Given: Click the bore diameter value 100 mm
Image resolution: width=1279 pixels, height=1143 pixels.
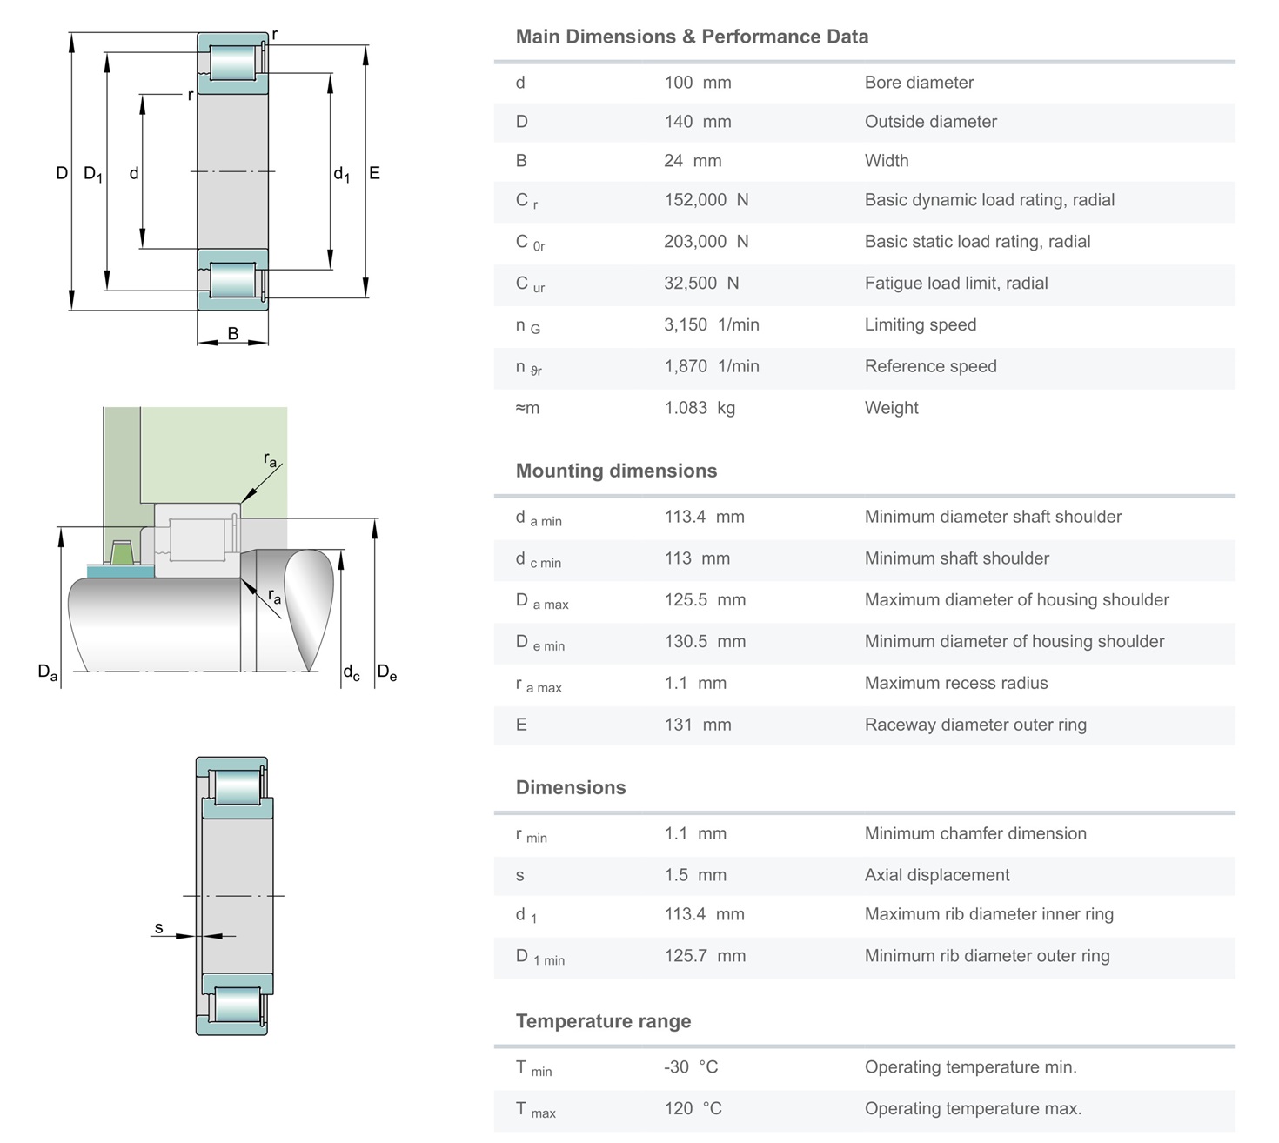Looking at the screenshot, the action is click(698, 83).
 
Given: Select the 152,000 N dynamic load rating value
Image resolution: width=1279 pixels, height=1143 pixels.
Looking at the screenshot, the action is click(706, 200).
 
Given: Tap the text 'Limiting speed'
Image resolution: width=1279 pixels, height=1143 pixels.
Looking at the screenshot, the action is click(921, 325).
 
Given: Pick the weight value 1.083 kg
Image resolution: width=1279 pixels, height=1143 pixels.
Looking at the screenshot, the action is click(700, 408).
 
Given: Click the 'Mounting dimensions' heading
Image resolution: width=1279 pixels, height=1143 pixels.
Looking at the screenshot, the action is click(616, 471).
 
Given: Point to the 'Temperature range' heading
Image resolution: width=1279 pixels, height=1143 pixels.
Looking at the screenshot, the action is click(603, 1021).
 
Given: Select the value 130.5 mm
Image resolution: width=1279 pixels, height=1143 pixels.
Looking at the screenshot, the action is click(705, 642).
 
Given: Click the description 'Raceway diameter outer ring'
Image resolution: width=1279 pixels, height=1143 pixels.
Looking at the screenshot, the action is click(975, 725).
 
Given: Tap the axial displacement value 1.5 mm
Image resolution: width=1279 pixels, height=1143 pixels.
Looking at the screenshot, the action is click(695, 875).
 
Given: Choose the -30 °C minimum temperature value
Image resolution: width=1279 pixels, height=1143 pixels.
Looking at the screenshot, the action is click(691, 1067).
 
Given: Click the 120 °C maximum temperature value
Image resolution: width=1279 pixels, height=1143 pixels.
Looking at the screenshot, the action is click(693, 1109).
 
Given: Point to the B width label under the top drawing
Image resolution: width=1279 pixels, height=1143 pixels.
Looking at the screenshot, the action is click(233, 333).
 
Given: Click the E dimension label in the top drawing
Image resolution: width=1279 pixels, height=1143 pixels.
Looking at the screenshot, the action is click(374, 173).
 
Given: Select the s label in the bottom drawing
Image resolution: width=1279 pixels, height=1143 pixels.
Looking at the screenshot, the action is click(159, 927).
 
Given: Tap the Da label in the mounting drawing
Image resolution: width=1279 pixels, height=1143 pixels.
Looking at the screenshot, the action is click(47, 672).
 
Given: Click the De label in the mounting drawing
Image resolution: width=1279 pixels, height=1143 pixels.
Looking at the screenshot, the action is click(386, 672).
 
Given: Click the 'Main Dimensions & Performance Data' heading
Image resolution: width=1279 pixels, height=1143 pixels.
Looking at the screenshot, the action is click(692, 37).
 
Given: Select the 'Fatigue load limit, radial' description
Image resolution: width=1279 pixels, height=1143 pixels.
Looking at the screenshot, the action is click(956, 284).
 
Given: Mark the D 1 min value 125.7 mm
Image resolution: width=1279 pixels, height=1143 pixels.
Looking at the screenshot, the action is click(705, 956).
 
